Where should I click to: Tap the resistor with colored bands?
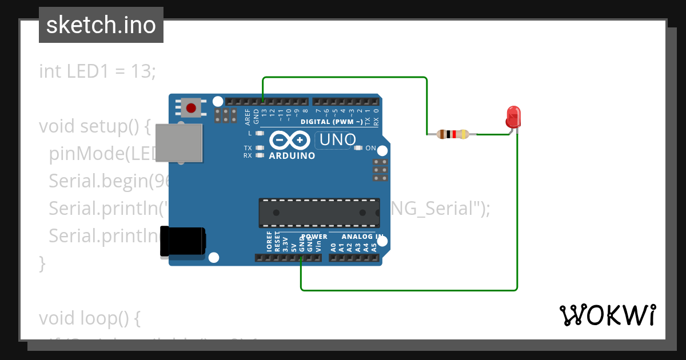click(453, 135)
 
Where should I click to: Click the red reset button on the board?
click(191, 107)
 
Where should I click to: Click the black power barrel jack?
click(182, 241)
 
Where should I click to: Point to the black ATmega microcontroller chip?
click(319, 213)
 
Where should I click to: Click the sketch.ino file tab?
click(101, 25)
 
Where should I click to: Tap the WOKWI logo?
click(607, 315)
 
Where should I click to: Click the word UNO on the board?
click(337, 139)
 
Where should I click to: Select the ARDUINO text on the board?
click(292, 155)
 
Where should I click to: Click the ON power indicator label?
click(370, 149)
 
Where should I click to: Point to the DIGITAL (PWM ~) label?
click(331, 122)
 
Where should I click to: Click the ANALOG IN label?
click(362, 236)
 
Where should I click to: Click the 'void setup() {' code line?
click(94, 126)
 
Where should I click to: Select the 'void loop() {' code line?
click(89, 318)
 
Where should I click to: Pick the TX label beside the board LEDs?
click(248, 148)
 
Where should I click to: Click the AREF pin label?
click(248, 117)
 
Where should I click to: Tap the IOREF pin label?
click(269, 242)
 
